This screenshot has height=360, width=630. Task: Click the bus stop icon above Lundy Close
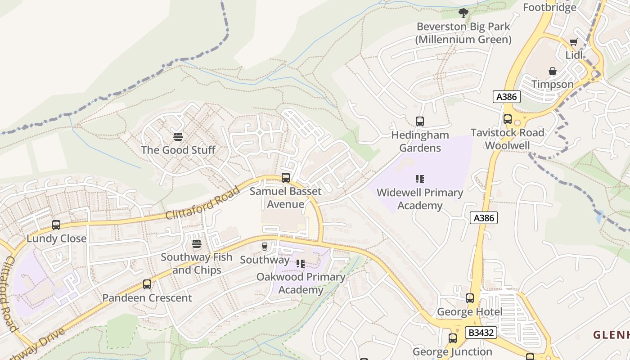pyautogui.click(x=56, y=225)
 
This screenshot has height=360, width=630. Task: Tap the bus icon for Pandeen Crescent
pyautogui.click(x=147, y=284)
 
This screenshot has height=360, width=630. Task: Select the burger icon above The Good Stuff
pyautogui.click(x=178, y=137)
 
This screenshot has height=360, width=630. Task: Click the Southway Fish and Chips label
pyautogui.click(x=197, y=264)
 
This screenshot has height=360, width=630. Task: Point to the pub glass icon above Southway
pyautogui.click(x=265, y=247)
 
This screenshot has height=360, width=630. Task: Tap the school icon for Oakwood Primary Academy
pyautogui.click(x=301, y=264)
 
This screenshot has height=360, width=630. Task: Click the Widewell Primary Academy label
pyautogui.click(x=420, y=199)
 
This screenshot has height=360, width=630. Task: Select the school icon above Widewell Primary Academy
pyautogui.click(x=420, y=179)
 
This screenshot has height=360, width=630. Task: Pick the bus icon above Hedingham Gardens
pyautogui.click(x=420, y=121)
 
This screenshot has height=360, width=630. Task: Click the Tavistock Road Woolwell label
pyautogui.click(x=507, y=139)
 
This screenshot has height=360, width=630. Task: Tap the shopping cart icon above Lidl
pyautogui.click(x=573, y=42)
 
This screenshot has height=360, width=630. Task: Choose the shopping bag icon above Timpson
pyautogui.click(x=553, y=72)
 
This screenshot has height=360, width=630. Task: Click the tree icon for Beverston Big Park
pyautogui.click(x=463, y=13)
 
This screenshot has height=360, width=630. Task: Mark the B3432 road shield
pyautogui.click(x=481, y=333)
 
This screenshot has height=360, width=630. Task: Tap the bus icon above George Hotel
pyautogui.click(x=470, y=298)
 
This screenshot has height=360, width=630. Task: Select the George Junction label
pyautogui.click(x=452, y=351)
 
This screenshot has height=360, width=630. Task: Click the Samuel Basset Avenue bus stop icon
pyautogui.click(x=286, y=178)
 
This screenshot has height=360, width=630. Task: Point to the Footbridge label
pyautogui.click(x=549, y=7)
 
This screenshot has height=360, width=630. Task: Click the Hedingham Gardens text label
pyautogui.click(x=420, y=141)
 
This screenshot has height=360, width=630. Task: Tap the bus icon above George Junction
pyautogui.click(x=453, y=338)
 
